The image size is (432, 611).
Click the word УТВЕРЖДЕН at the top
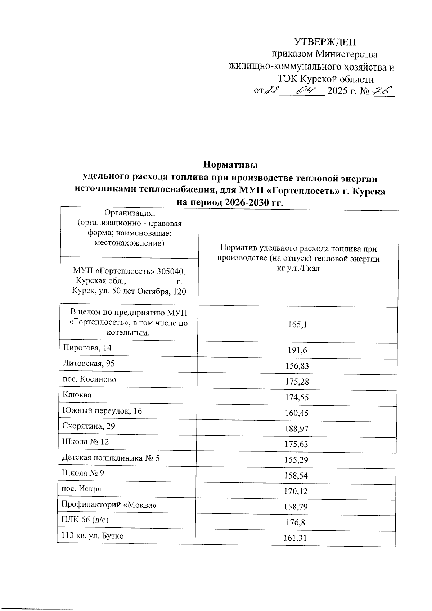click(325, 42)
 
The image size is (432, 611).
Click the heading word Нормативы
click(231, 165)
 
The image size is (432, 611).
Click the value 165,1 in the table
click(297, 325)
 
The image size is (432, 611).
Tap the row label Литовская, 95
click(89, 364)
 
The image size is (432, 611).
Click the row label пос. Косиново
click(90, 379)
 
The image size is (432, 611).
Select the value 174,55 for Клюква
click(297, 397)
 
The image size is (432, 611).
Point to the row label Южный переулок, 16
click(102, 410)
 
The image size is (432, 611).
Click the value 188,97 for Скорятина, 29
click(297, 429)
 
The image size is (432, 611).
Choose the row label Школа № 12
click(85, 442)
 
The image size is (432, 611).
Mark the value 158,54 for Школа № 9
click(297, 476)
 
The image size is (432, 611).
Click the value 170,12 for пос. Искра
click(297, 491)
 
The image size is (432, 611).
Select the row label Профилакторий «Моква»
click(109, 505)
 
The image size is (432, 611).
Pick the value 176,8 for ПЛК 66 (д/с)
click(297, 522)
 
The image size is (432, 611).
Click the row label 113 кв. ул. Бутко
click(93, 536)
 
